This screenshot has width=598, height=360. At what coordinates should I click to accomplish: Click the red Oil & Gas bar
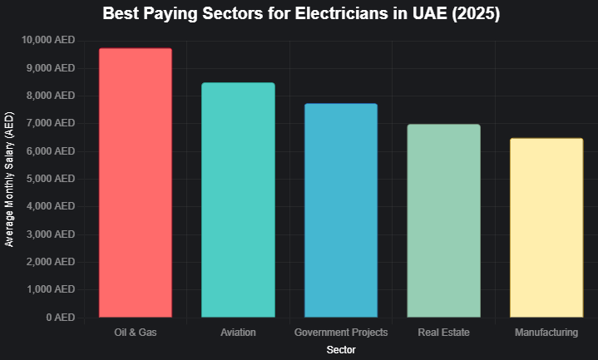(136, 183)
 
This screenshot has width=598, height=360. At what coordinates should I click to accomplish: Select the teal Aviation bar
(238, 200)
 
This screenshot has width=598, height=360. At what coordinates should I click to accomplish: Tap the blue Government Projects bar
(341, 210)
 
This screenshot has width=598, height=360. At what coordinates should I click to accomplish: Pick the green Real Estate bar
(443, 220)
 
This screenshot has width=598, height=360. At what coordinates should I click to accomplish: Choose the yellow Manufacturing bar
(546, 227)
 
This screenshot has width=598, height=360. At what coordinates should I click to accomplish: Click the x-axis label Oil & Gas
(136, 333)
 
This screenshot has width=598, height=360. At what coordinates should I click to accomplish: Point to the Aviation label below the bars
(238, 333)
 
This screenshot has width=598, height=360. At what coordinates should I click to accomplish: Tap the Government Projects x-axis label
(341, 333)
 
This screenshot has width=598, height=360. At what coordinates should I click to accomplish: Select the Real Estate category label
(443, 333)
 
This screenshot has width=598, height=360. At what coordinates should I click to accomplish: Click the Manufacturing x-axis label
(546, 333)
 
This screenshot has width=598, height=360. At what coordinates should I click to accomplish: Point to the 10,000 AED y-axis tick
(48, 40)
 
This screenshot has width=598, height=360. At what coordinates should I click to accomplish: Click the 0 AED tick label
(61, 318)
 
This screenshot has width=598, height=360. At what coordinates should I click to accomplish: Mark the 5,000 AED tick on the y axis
(52, 179)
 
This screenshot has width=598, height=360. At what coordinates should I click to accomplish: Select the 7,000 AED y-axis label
(52, 123)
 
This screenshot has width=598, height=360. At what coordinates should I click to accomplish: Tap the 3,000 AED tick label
(52, 234)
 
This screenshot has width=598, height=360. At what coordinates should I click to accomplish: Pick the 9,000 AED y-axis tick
(52, 68)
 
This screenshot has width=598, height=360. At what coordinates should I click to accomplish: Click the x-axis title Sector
(341, 351)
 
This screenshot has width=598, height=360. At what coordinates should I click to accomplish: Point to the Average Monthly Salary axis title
(10, 179)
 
